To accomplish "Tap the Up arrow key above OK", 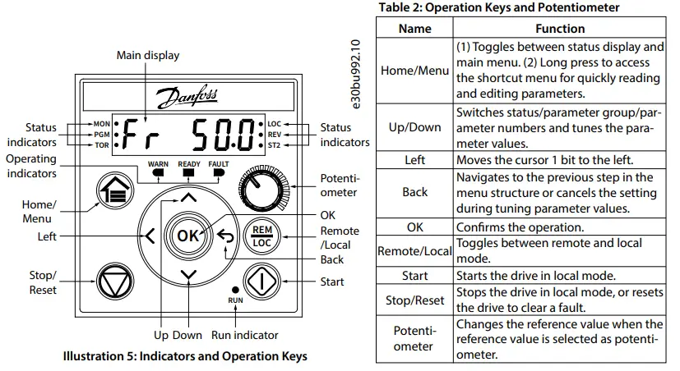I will [189, 198].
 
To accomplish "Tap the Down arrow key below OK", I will [189, 275].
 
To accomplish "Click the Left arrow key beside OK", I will [150, 236].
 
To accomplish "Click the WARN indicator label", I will [158, 164].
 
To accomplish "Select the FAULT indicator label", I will [220, 164].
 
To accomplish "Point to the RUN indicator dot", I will [236, 291].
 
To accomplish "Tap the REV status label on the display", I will [275, 134].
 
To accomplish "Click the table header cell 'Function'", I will [559, 28].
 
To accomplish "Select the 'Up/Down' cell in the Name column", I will [414, 127].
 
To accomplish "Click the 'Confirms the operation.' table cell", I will [559, 227].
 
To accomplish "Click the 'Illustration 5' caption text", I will [185, 356].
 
